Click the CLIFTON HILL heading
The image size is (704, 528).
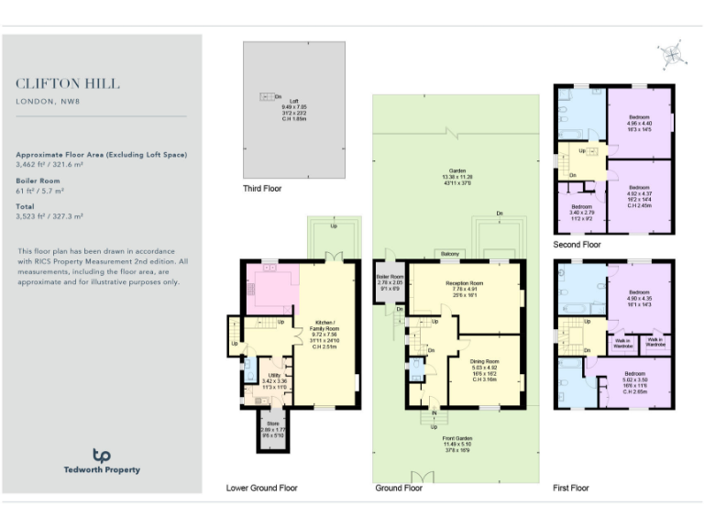point(67,83)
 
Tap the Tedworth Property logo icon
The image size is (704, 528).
point(102,455)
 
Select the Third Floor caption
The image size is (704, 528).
point(262,189)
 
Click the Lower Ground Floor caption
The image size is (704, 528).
point(261,488)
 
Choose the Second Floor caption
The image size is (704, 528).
point(577,245)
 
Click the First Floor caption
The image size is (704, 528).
point(570,488)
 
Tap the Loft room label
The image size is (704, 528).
point(293,101)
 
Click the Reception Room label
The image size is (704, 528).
point(464,283)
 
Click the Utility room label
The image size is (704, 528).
point(274,376)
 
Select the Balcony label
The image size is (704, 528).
point(450,254)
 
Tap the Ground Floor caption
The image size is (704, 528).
point(399,488)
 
